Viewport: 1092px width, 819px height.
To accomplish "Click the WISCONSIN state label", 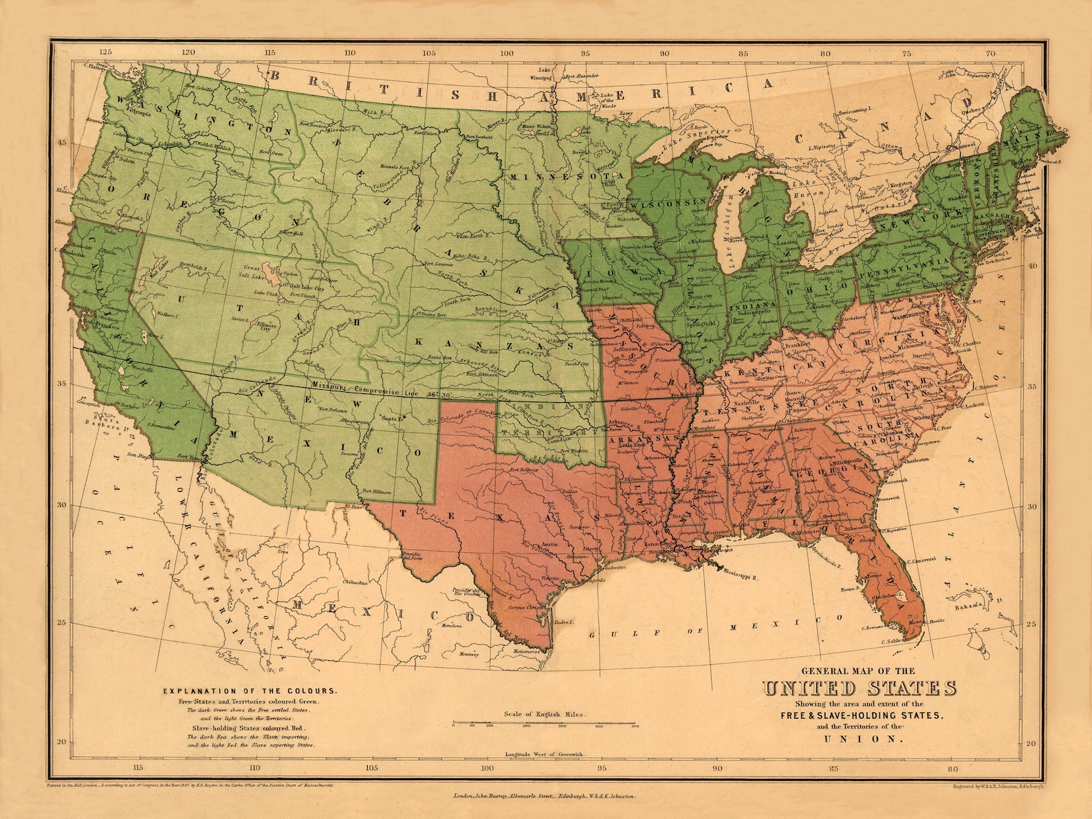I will point(670,204).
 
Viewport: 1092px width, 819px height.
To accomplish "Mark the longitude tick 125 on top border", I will point(105,52).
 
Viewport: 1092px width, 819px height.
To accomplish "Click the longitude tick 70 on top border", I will point(990,52).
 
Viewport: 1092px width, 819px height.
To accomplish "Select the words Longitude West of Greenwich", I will point(545,754).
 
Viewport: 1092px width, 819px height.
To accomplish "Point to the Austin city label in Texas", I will point(549,543).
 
